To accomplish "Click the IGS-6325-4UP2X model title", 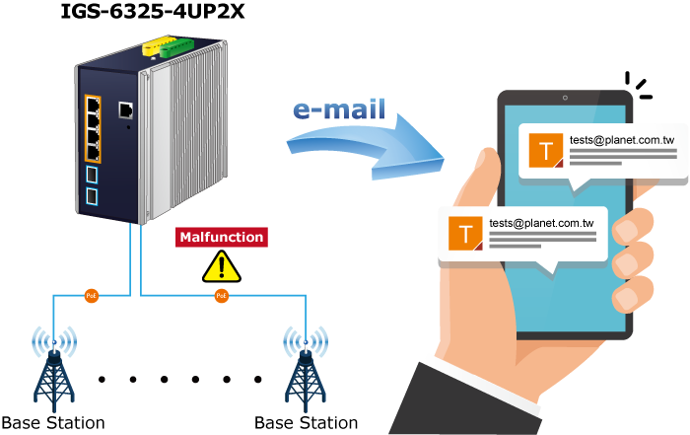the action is [x=152, y=11].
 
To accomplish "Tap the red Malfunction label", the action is [x=222, y=237].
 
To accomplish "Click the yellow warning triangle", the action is [x=222, y=266].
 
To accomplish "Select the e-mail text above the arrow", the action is [x=339, y=109].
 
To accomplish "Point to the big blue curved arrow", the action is [x=366, y=148].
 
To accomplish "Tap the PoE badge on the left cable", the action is [x=91, y=296].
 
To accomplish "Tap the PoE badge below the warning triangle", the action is [x=222, y=296].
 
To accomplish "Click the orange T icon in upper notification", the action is [x=546, y=151].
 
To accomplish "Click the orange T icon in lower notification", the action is [x=465, y=234].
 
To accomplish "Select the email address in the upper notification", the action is [x=622, y=140].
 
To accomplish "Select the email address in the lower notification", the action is [x=541, y=223].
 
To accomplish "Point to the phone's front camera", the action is [x=565, y=98].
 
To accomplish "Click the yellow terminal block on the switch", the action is [x=159, y=45].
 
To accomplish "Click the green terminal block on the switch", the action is [x=176, y=48].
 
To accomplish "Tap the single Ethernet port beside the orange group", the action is [x=126, y=110].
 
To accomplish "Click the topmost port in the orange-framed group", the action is [x=93, y=106].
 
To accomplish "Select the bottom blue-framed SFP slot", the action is [x=92, y=196].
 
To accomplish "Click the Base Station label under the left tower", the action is [x=53, y=423].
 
